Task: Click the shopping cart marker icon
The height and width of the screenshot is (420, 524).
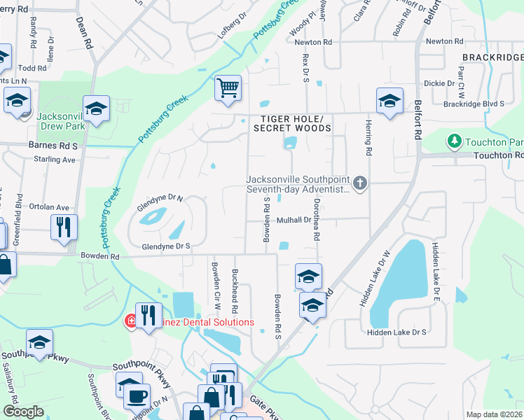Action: coord(228,89)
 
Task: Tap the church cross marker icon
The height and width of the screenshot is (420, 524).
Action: coord(360,183)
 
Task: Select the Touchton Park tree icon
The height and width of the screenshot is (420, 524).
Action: coord(454,142)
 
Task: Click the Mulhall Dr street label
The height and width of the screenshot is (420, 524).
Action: coord(294,220)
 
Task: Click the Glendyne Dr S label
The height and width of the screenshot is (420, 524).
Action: coord(167,246)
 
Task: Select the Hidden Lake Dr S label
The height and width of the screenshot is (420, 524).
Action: coord(397,332)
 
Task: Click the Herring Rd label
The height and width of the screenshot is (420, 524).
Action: coord(367,136)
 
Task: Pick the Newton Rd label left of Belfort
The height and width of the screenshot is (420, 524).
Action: coord(313,42)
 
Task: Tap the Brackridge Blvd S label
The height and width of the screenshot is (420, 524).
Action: coord(474,104)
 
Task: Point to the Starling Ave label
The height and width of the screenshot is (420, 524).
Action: coord(54,160)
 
